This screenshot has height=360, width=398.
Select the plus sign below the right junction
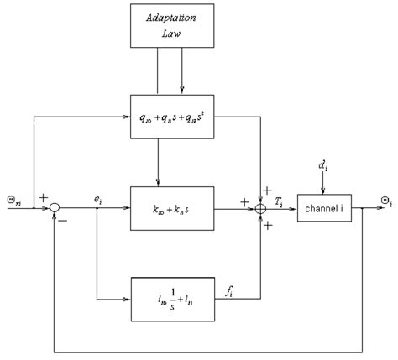pos(270,223)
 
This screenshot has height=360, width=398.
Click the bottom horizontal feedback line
pos(210,349)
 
